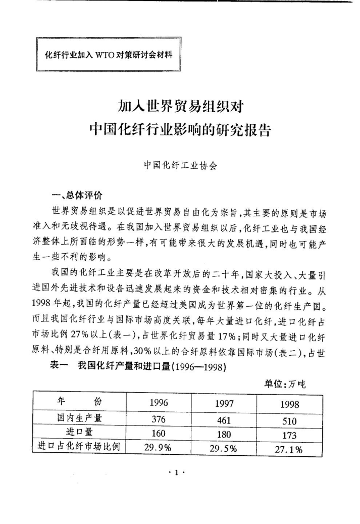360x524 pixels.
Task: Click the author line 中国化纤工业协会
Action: (180, 165)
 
